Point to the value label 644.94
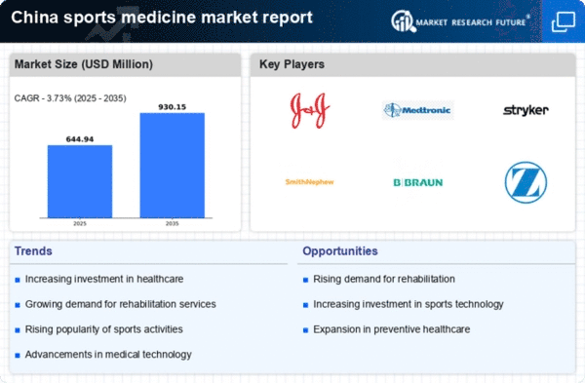[x=79, y=137]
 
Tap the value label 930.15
[x=172, y=105]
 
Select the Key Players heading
[x=292, y=64]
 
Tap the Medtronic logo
[x=416, y=110]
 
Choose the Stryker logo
[x=525, y=110]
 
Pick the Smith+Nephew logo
[x=308, y=181]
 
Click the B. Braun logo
[x=416, y=181]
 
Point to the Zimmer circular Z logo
[x=525, y=181]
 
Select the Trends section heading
[x=33, y=250]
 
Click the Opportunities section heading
[x=341, y=250]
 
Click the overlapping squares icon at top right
[x=563, y=20]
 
